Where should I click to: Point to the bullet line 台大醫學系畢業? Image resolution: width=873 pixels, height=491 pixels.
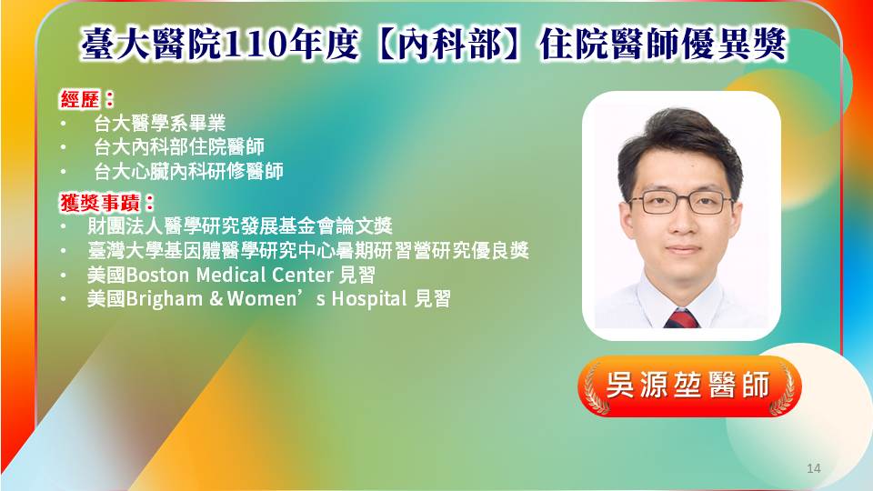(x=159, y=124)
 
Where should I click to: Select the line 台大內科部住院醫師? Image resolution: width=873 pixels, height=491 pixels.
(x=179, y=147)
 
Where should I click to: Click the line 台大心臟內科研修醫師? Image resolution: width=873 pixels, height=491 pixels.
(x=188, y=172)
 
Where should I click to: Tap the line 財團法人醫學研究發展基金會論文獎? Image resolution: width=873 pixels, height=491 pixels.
(x=240, y=226)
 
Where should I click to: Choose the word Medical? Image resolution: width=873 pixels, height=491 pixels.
(x=231, y=275)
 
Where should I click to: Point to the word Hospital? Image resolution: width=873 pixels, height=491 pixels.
(x=369, y=299)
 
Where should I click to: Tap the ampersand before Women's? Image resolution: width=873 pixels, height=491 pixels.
(x=216, y=299)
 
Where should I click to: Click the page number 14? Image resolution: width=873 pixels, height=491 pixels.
(x=813, y=468)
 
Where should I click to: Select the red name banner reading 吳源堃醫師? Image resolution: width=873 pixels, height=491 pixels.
(x=688, y=386)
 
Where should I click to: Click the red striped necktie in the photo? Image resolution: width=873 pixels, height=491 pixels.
(x=681, y=319)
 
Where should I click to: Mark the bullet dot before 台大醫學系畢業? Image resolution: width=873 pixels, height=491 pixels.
(x=64, y=124)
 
